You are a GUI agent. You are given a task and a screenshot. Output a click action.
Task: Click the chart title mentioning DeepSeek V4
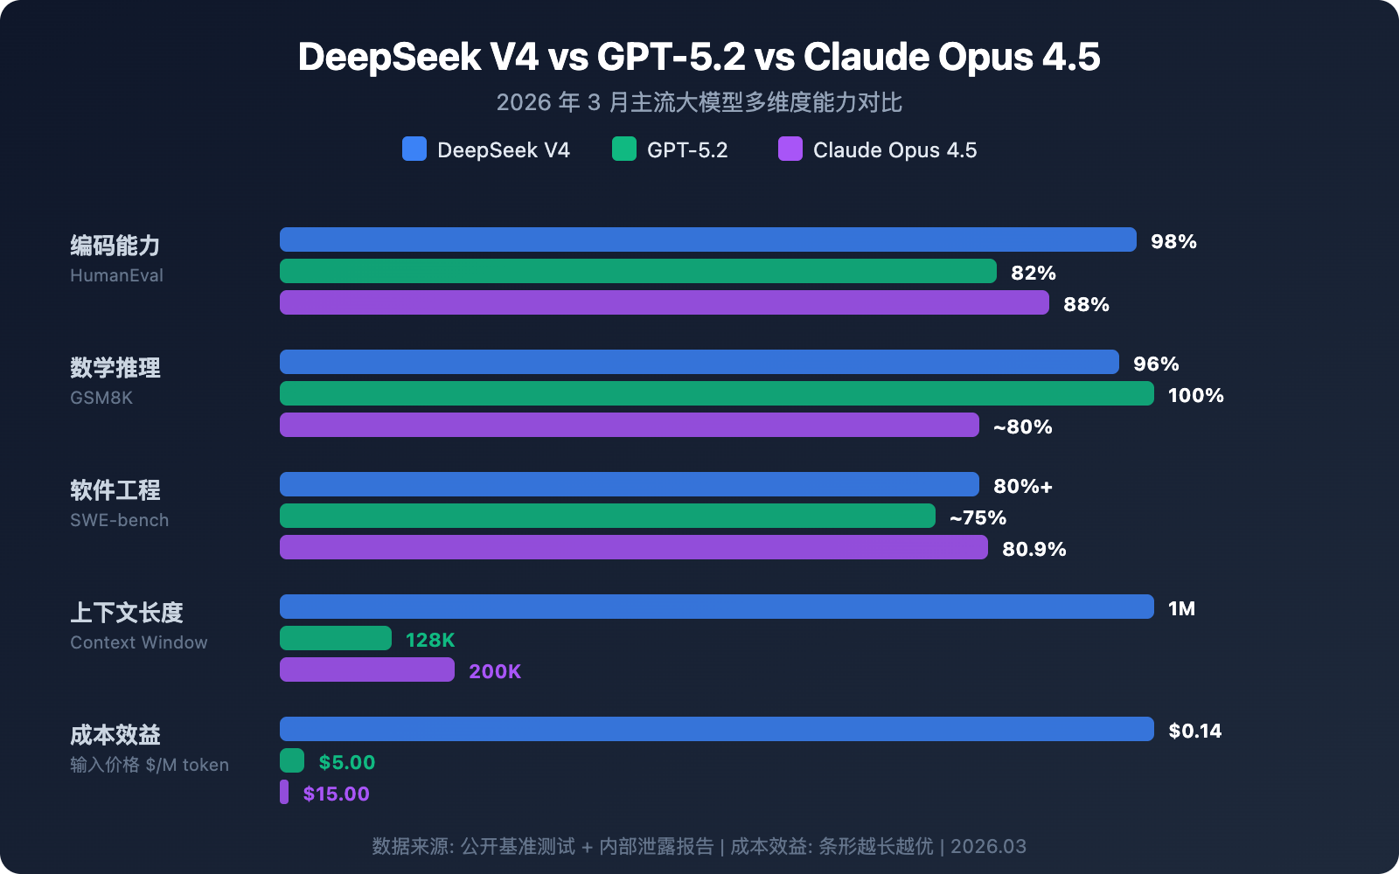coord(699,57)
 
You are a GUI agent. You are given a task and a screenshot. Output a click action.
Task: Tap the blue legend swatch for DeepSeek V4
coord(414,149)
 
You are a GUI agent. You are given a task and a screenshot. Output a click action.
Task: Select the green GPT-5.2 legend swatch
coord(624,149)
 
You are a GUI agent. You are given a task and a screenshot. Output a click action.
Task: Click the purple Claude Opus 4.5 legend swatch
coord(790,149)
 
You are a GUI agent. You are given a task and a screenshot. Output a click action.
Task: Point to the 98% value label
coord(1173,241)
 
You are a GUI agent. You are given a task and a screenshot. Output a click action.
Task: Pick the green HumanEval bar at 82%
coord(638,271)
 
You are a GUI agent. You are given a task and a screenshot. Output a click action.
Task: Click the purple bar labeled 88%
coord(665,302)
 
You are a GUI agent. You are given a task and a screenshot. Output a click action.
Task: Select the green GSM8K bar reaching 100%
coord(717,393)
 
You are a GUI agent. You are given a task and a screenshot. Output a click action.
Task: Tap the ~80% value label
coord(1022,427)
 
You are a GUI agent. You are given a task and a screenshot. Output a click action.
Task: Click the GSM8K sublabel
coord(101,398)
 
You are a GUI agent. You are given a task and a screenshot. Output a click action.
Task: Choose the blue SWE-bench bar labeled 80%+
coord(630,484)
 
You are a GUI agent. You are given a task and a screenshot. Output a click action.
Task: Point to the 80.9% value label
coord(1034,549)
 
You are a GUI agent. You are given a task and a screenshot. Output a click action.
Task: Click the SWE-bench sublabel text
coord(120,520)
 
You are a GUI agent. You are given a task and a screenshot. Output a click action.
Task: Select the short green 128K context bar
coord(336,638)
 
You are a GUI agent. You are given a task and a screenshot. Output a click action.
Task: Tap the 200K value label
coord(495,671)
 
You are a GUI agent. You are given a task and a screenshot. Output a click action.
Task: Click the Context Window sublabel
coord(139,642)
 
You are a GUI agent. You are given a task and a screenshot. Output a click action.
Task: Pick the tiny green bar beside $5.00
coord(292,760)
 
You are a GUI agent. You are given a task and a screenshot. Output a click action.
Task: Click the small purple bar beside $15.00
coord(284,792)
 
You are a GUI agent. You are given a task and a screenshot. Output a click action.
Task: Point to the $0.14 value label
coord(1194,731)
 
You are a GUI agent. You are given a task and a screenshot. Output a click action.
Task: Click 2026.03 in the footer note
coord(988,846)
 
